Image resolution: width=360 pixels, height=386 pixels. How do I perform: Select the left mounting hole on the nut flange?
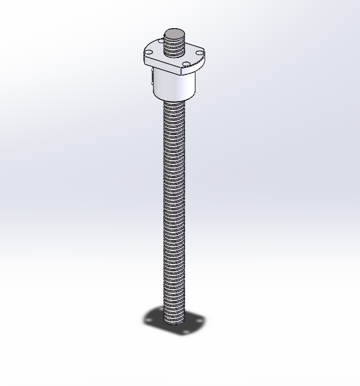[149, 53]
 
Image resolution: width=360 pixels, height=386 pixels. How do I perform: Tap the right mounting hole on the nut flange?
[199, 53]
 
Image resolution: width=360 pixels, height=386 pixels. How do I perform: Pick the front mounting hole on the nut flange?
[186, 64]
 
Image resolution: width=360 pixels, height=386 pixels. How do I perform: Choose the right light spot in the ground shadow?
[199, 321]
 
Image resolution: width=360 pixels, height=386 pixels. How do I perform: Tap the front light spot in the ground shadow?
[185, 331]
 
